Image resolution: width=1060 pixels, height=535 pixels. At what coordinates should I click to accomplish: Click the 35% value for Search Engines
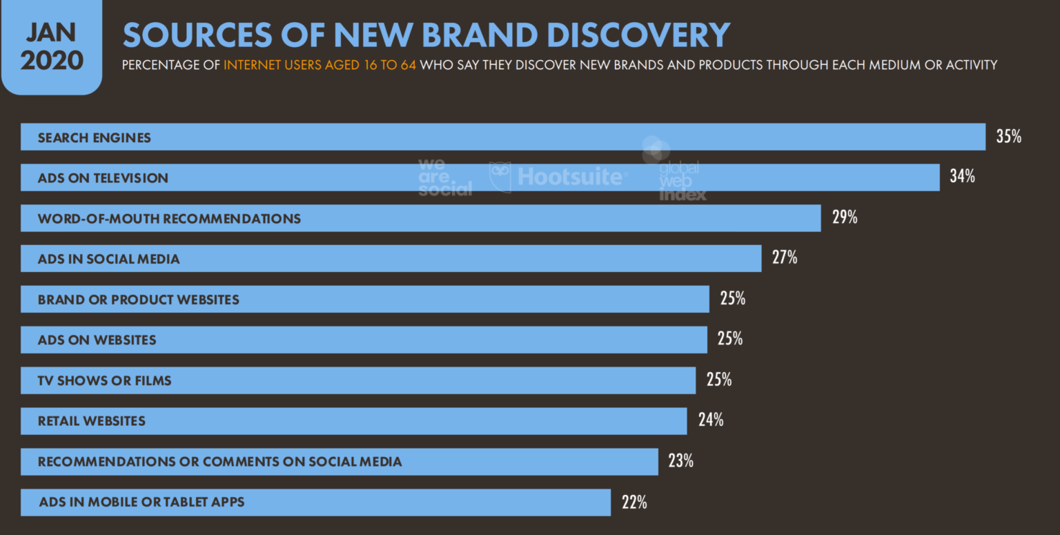click(x=1008, y=137)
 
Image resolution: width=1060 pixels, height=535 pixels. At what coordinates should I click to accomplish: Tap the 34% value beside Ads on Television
click(x=962, y=177)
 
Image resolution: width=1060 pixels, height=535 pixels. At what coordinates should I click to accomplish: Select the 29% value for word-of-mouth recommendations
click(x=844, y=217)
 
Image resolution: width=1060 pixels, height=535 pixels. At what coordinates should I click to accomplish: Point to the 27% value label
click(x=785, y=258)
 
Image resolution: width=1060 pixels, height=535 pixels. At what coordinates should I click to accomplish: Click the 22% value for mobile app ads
click(x=634, y=503)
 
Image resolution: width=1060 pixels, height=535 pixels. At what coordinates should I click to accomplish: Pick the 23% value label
click(x=680, y=461)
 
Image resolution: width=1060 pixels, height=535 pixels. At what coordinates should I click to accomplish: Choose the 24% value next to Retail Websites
click(x=710, y=420)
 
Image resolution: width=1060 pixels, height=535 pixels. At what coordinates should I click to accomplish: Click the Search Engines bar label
click(x=94, y=137)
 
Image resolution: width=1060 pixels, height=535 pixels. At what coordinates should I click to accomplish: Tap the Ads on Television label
click(x=103, y=178)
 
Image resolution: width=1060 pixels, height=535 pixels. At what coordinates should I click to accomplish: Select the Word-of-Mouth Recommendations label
click(x=169, y=219)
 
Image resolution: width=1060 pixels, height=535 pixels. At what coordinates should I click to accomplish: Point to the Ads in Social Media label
click(x=109, y=260)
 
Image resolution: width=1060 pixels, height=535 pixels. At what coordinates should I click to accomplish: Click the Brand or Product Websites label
click(x=138, y=300)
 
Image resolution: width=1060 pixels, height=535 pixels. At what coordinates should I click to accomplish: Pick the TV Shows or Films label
click(x=104, y=380)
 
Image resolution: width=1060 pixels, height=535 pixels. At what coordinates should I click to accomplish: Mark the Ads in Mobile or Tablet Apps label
click(x=141, y=502)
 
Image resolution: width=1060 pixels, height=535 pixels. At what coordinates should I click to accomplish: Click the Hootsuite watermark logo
click(x=559, y=177)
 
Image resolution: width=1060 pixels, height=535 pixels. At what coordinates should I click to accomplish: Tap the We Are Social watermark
click(x=444, y=177)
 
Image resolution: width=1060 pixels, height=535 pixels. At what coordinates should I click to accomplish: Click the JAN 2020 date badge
click(x=52, y=47)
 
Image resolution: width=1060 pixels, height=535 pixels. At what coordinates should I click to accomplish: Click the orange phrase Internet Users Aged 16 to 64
click(x=320, y=66)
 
